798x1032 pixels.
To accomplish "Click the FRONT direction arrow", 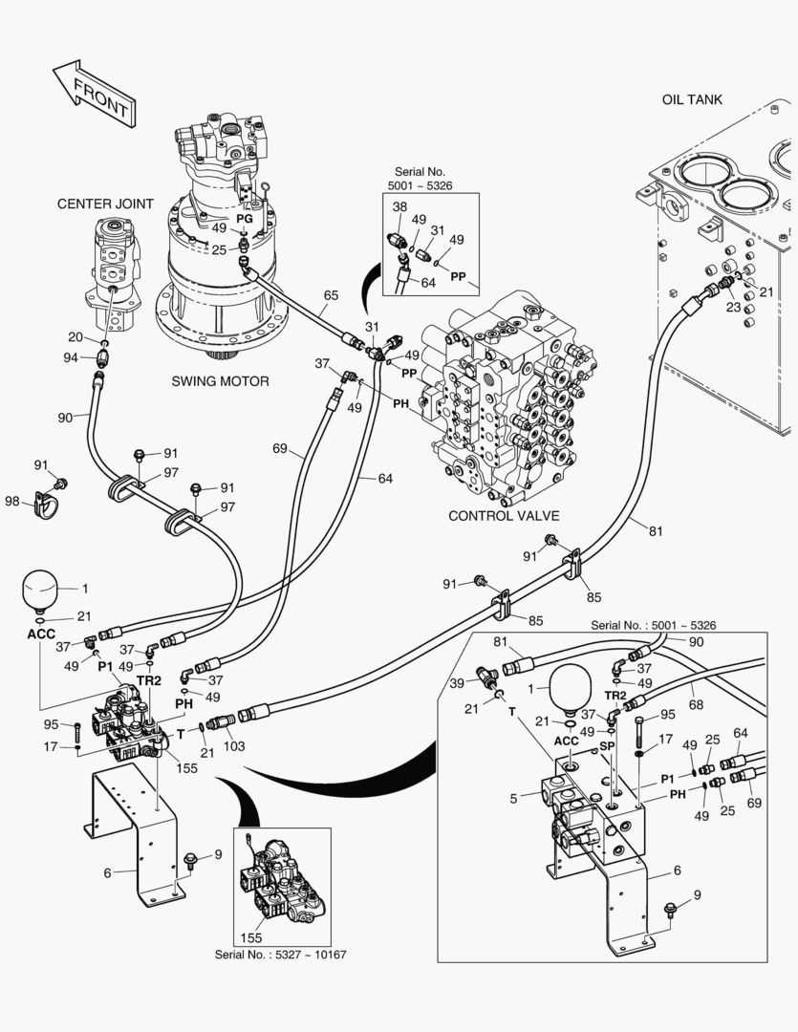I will (93, 93).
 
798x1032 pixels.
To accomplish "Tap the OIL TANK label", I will (692, 99).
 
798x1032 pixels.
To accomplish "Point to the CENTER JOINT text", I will (106, 204).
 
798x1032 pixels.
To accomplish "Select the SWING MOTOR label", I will (220, 381).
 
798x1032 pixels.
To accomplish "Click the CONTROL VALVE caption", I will (504, 516).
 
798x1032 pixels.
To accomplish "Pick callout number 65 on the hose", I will (330, 295).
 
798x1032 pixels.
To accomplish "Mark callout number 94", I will (71, 357).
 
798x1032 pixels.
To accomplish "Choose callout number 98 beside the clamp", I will (11, 502).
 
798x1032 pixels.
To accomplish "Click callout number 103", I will (234, 745).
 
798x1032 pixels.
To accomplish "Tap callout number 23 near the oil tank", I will (733, 308).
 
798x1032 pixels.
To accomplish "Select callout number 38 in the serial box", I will (399, 205).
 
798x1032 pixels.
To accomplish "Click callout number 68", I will (695, 704).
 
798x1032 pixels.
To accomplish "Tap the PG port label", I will (245, 218).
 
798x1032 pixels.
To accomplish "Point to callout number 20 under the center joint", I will (75, 336).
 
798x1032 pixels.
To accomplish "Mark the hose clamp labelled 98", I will (45, 503).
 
